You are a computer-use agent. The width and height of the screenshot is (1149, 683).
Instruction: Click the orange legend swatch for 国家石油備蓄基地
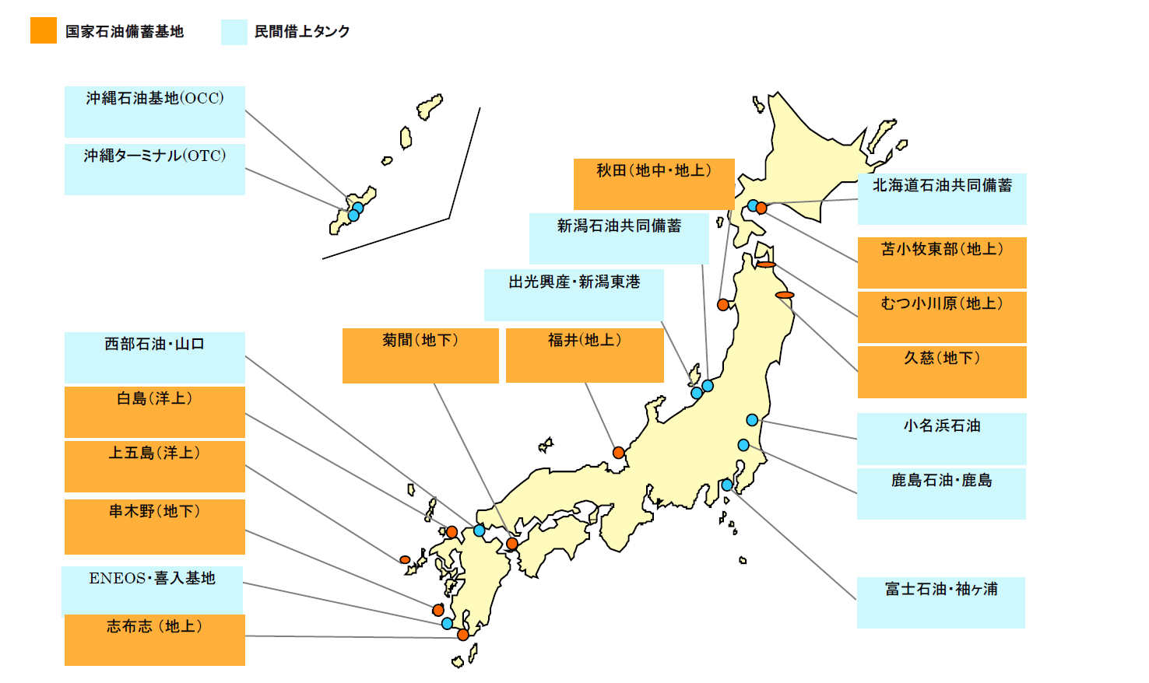[44, 30]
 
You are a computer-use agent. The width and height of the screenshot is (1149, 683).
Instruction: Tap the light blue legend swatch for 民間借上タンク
[234, 32]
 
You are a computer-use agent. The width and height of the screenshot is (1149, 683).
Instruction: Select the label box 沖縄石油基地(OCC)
[155, 111]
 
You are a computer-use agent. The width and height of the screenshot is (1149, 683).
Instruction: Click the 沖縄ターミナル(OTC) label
[155, 169]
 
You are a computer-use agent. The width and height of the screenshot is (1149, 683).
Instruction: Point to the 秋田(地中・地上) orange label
[654, 184]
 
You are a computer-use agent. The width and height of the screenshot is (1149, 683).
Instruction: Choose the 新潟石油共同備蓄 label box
[619, 238]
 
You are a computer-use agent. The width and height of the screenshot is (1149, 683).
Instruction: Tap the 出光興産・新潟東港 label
[574, 295]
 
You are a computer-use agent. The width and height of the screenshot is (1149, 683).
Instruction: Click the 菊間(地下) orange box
[420, 356]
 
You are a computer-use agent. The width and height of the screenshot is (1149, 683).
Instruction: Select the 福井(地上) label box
[585, 356]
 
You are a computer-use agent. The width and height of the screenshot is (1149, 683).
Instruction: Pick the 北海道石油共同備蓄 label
[942, 199]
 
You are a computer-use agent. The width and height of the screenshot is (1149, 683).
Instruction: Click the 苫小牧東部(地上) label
[942, 262]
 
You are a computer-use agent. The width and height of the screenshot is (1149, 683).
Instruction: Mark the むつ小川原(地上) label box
[942, 317]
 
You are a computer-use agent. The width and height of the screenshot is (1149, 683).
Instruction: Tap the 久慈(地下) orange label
[942, 372]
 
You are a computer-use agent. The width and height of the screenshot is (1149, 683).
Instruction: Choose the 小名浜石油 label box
[942, 439]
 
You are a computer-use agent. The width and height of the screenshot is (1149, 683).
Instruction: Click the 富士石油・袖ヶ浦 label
[941, 602]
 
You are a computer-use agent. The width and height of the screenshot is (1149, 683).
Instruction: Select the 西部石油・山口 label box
[155, 357]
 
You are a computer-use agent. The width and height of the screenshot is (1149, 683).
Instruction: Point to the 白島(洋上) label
[155, 412]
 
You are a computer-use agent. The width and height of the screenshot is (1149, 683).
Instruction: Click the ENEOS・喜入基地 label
[153, 590]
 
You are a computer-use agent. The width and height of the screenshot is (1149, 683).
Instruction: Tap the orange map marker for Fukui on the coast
[618, 453]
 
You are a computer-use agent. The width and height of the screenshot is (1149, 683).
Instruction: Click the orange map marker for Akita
[723, 305]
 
